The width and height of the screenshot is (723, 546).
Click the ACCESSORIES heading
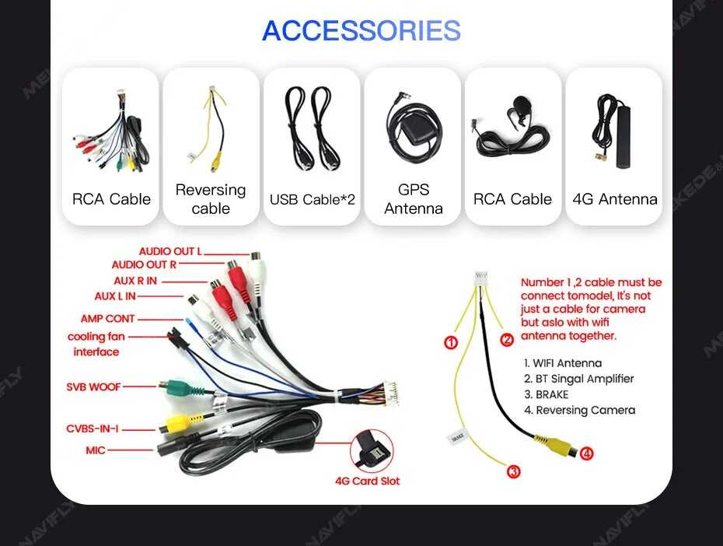(361, 31)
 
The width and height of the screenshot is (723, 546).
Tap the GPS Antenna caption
(413, 199)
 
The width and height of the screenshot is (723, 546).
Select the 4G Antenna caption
(614, 199)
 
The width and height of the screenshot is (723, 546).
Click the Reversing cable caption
(211, 199)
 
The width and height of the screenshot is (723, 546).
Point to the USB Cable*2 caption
(312, 200)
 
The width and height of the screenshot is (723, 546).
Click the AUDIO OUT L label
(170, 251)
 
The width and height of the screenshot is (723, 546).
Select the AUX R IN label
(134, 280)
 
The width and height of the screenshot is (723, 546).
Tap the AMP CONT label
(107, 319)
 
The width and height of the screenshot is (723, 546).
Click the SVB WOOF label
(93, 387)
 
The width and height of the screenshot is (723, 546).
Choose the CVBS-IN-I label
(92, 429)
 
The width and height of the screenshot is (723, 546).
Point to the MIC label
(95, 450)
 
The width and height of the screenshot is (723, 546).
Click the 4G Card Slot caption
(367, 481)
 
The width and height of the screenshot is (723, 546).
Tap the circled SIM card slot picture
(372, 451)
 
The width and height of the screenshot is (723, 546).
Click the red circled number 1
(451, 342)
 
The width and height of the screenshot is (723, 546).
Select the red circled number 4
(587, 453)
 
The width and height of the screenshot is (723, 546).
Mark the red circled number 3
(513, 471)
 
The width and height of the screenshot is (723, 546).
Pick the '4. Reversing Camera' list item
(579, 410)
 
